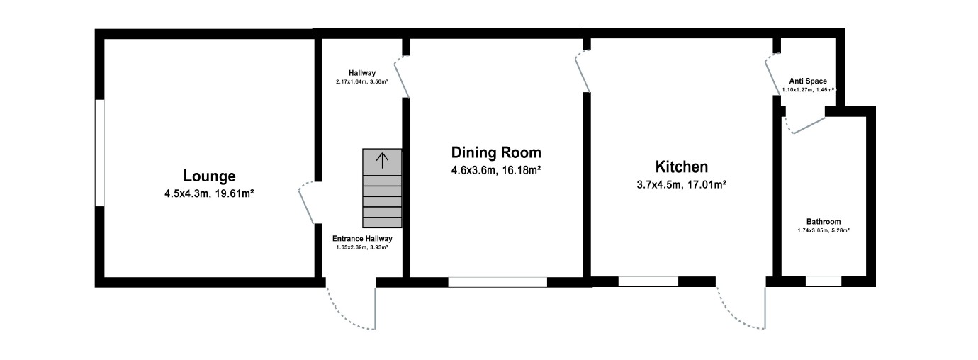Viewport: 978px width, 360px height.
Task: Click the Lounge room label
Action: point(209,176)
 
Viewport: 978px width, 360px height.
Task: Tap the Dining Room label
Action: point(496,152)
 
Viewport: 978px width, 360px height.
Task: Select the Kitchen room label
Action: point(681,167)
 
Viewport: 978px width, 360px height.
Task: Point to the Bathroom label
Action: point(823,220)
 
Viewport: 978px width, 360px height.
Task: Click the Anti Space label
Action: point(808,81)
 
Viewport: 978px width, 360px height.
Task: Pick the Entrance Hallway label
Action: point(362,239)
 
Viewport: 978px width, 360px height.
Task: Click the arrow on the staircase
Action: point(381,160)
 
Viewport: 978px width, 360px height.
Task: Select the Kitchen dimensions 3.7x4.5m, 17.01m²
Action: point(681,185)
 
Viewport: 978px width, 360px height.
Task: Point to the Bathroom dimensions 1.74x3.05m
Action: point(823,230)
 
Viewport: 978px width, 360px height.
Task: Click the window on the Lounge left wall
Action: point(100,153)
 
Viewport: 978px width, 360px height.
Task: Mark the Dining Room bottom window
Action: point(498,282)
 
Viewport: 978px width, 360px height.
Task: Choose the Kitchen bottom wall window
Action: point(648,281)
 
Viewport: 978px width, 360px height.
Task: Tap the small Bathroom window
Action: point(823,281)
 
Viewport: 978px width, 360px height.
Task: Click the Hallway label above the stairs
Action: point(361,73)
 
